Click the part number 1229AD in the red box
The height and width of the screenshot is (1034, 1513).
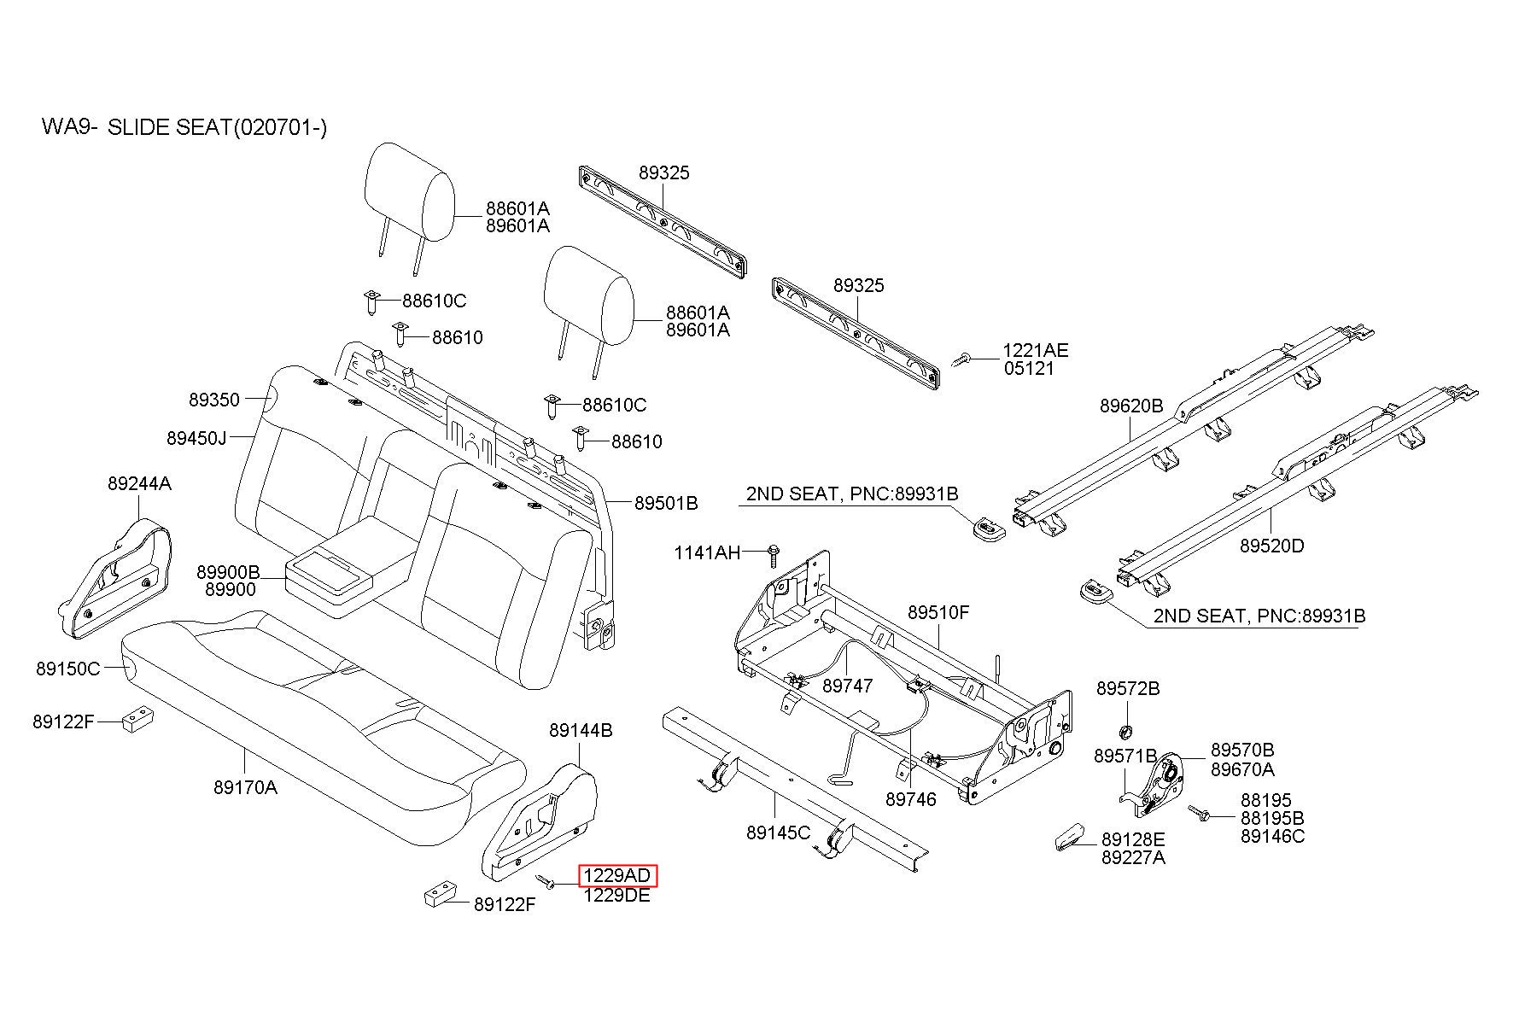[618, 876]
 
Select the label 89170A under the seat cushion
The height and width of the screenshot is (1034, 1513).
[245, 787]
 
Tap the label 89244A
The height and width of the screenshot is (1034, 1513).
[139, 484]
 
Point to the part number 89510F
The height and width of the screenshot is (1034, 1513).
[938, 612]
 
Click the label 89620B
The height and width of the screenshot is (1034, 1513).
[1131, 406]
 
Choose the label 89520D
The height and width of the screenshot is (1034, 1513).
[1272, 546]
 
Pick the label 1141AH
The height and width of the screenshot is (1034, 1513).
[708, 552]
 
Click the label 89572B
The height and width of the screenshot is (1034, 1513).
[1128, 688]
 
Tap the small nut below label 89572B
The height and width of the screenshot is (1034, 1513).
[1125, 731]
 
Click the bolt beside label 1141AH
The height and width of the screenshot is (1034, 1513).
[773, 554]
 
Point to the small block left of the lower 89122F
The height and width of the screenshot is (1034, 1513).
[441, 896]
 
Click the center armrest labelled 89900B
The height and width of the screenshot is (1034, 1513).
[330, 574]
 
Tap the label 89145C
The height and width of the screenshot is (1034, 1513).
[778, 832]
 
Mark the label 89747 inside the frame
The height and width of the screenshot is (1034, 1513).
[848, 686]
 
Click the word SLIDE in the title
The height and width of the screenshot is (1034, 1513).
[137, 127]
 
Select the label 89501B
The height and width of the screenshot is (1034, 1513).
[666, 504]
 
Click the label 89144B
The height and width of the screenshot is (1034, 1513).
[581, 730]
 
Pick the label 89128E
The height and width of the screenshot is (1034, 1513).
[1133, 839]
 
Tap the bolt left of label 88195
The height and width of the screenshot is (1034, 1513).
[1199, 814]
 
